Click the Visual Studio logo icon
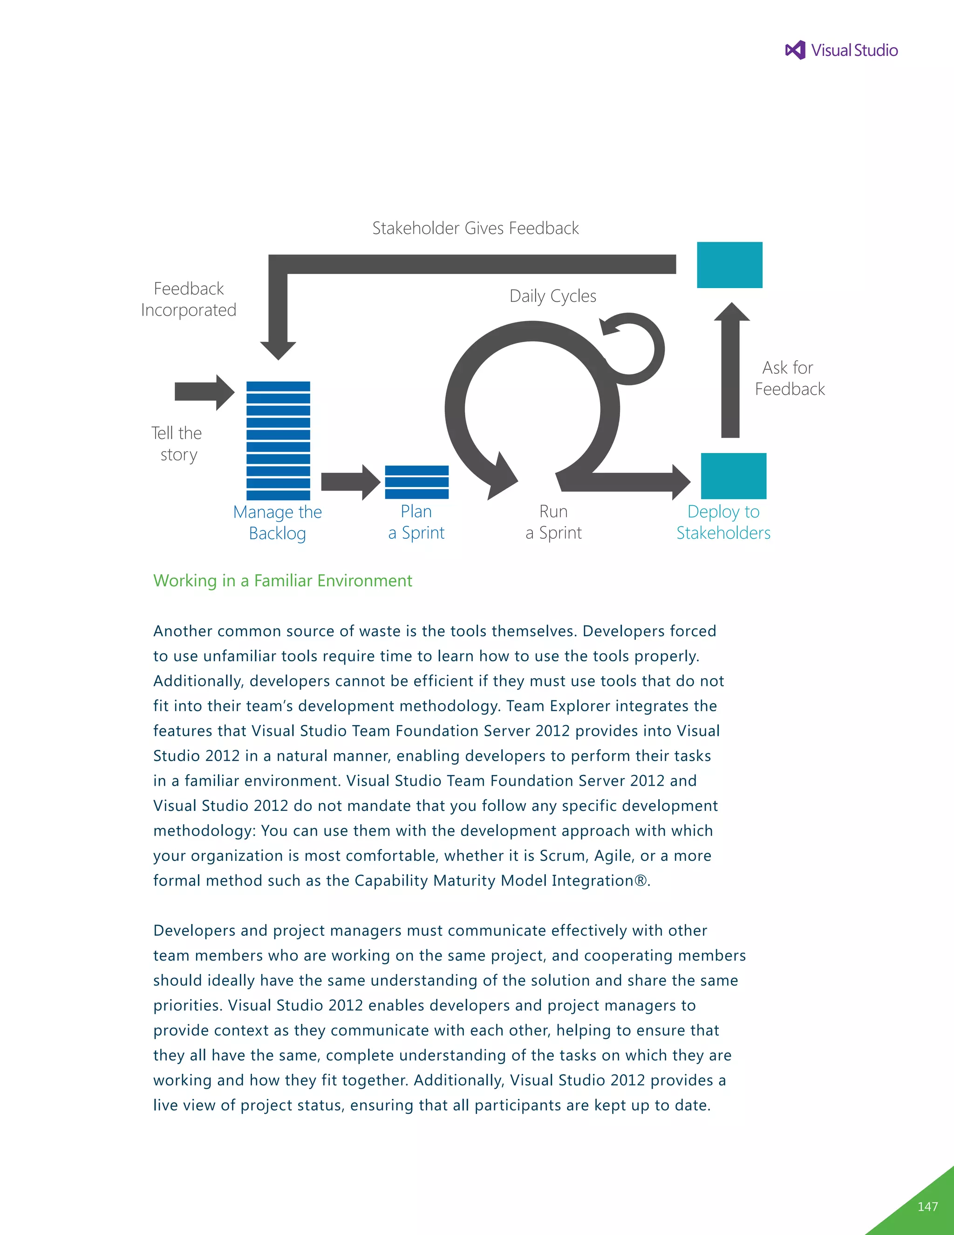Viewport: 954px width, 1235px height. pyautogui.click(x=795, y=50)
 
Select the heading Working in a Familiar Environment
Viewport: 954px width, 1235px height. pyautogui.click(x=283, y=581)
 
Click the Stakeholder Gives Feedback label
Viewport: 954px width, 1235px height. pyautogui.click(x=475, y=228)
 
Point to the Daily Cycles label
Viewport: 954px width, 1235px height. pyautogui.click(x=553, y=296)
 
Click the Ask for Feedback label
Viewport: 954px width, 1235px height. pyautogui.click(x=789, y=378)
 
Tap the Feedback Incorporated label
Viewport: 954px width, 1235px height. pyautogui.click(x=189, y=299)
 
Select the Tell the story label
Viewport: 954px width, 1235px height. pyautogui.click(x=177, y=444)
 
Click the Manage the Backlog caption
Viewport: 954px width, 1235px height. pyautogui.click(x=278, y=522)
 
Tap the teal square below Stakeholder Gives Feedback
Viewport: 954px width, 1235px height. pyautogui.click(x=729, y=265)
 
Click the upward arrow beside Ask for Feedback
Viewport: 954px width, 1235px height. pyautogui.click(x=731, y=370)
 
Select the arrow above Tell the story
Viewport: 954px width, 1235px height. pyautogui.click(x=204, y=391)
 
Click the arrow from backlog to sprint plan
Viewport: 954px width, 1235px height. pyautogui.click(x=350, y=482)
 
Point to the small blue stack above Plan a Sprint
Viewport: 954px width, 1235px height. pyautogui.click(x=416, y=482)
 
